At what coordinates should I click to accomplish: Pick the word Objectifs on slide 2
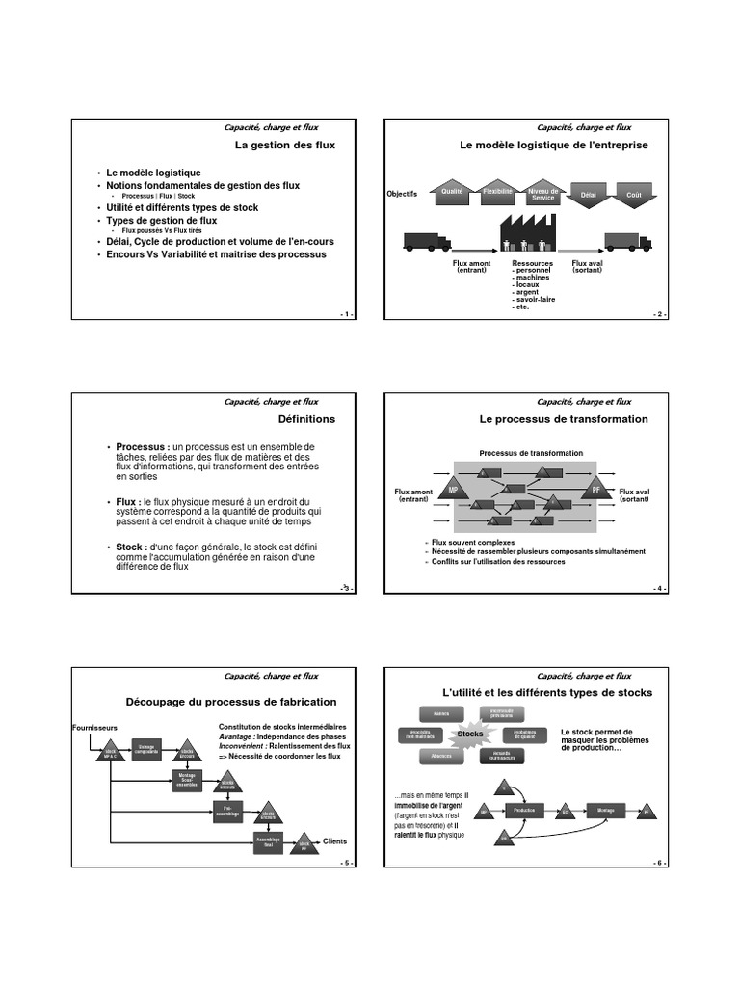click(403, 194)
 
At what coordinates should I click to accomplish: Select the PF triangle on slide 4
click(596, 489)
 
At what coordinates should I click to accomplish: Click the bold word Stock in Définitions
click(130, 547)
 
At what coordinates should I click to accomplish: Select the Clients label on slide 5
click(334, 840)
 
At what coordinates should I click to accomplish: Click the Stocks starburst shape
click(470, 734)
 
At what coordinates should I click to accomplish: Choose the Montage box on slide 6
click(605, 810)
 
